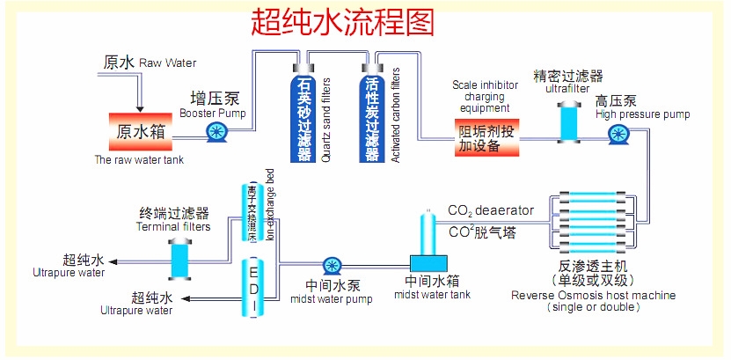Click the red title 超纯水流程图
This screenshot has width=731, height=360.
tap(342, 21)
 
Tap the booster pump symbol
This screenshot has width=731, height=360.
tap(216, 132)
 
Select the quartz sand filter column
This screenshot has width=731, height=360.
tap(304, 114)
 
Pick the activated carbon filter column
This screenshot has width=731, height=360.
tap(371, 114)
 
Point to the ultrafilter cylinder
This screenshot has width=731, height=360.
tap(568, 119)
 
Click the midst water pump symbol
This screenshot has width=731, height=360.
tap(332, 265)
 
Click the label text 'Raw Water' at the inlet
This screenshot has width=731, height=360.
tap(167, 62)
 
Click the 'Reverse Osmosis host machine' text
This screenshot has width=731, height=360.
tap(594, 295)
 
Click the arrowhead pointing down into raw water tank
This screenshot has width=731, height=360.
tap(138, 104)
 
